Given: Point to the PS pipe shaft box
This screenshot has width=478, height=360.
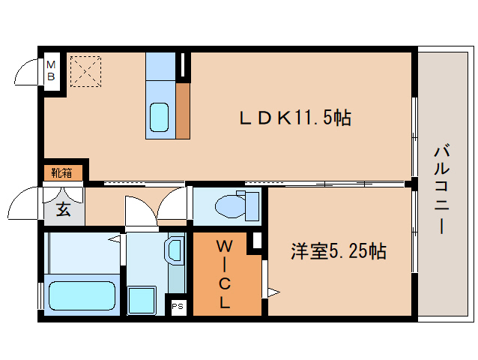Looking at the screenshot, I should (x=178, y=307).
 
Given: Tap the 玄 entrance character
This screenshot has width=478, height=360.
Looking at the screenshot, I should (x=64, y=209).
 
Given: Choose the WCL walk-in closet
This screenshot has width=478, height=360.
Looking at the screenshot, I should (x=224, y=274).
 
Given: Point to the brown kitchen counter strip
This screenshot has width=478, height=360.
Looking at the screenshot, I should (x=183, y=110).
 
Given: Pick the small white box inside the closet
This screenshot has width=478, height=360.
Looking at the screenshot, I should (x=256, y=241).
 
